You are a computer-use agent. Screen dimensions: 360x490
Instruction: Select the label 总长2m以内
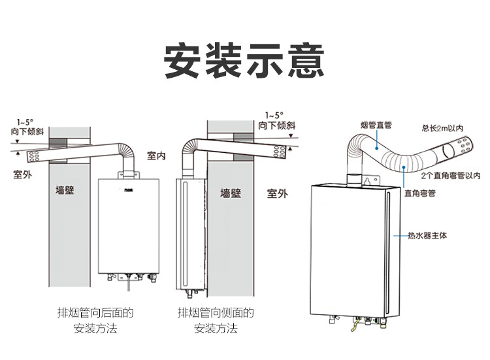442,128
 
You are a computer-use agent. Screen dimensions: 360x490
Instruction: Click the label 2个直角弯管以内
451,176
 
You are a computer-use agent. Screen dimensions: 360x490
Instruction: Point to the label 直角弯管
419,193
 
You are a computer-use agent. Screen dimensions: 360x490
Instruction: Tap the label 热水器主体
426,235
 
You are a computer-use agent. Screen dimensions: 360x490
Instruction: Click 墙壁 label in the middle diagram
231,193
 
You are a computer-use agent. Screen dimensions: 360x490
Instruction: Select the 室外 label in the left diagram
23,174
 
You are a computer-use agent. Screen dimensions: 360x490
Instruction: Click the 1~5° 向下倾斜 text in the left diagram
27,127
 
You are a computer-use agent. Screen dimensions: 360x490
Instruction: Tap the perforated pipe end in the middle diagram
279,151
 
